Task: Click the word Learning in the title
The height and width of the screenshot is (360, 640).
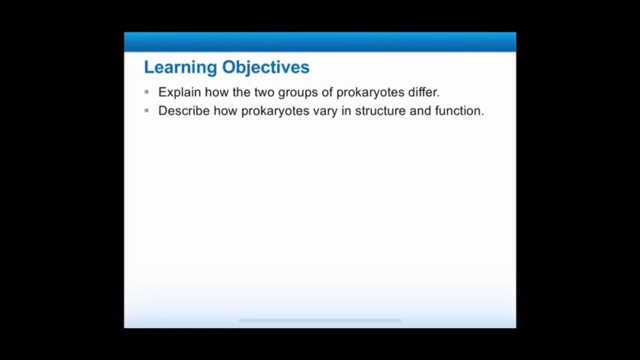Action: click(x=180, y=67)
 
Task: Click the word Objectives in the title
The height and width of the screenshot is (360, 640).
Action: click(x=265, y=67)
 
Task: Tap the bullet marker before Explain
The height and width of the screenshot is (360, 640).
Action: click(x=146, y=92)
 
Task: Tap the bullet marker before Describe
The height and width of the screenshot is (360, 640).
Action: click(x=146, y=110)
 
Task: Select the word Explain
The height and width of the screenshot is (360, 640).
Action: click(x=179, y=92)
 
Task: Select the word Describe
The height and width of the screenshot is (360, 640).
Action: click(x=183, y=110)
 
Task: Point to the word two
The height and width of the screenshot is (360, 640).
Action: click(x=264, y=92)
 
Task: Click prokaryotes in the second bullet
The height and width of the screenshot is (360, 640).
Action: click(x=275, y=111)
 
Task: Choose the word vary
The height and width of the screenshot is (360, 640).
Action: click(x=325, y=111)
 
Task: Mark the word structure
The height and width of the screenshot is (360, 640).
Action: click(x=380, y=110)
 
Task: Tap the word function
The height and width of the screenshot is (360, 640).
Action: click(x=459, y=110)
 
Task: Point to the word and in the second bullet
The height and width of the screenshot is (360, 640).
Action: click(x=420, y=110)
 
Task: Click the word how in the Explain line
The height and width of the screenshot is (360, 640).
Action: click(x=216, y=92)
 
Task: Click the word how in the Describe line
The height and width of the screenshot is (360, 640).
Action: click(x=225, y=110)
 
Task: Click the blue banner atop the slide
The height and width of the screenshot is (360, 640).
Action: click(x=320, y=42)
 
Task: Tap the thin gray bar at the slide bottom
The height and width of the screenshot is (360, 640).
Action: click(x=320, y=320)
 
